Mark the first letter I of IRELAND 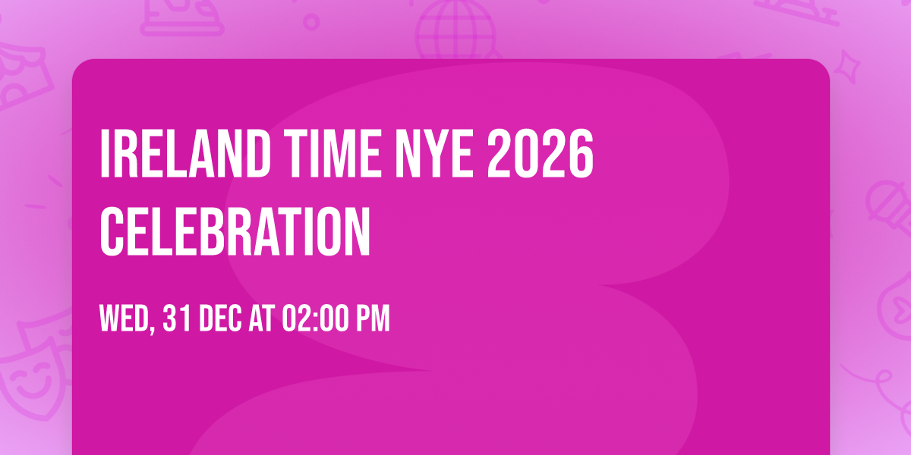(x=106, y=155)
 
